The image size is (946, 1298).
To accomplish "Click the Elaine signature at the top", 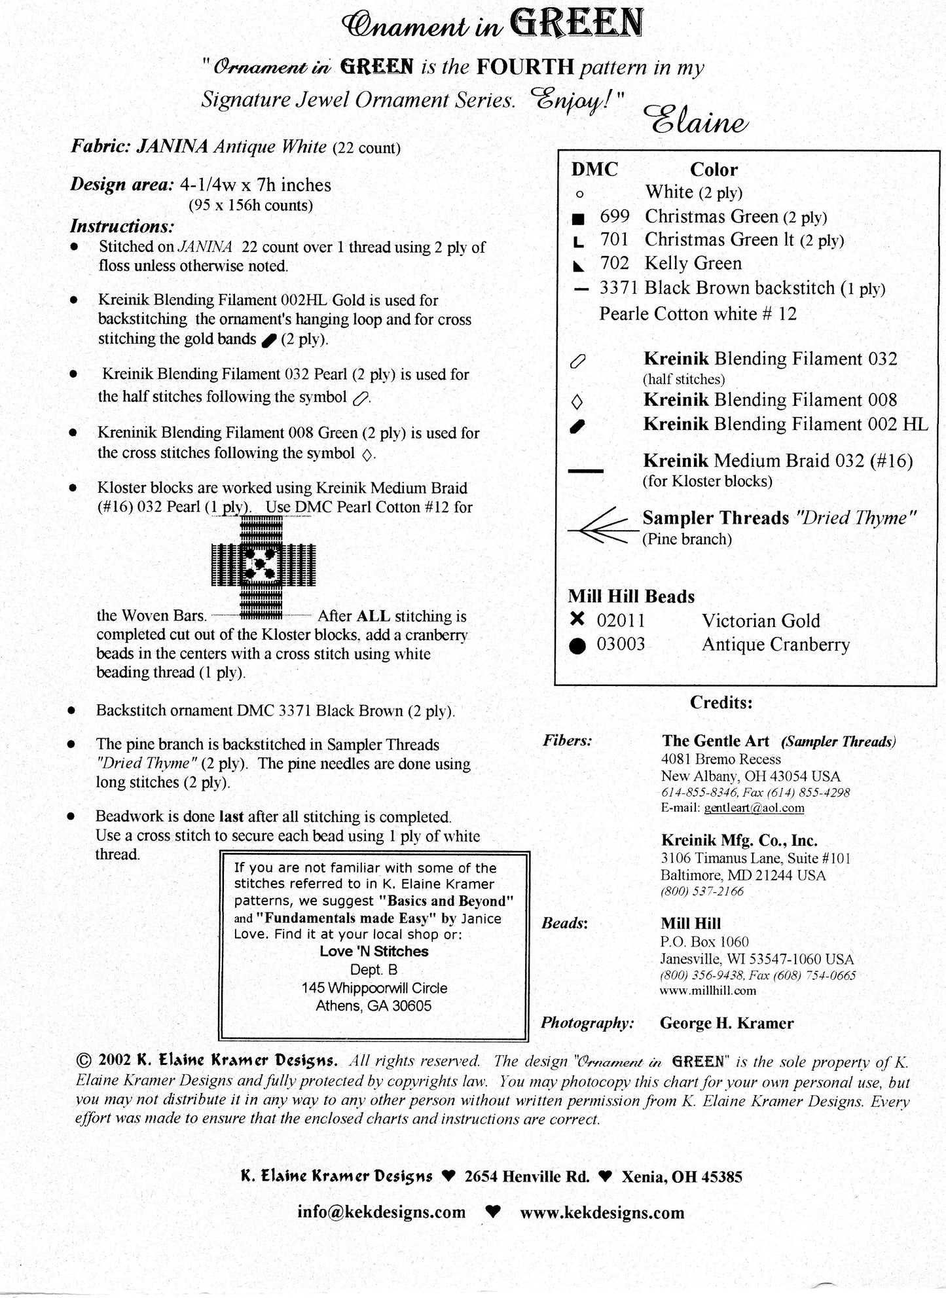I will [x=696, y=120].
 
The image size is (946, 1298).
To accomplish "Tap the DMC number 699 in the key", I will [x=614, y=217].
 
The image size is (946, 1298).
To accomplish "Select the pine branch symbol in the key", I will [x=603, y=526].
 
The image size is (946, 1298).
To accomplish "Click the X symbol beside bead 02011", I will [x=577, y=619].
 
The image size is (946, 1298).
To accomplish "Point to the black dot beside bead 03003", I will [x=577, y=645].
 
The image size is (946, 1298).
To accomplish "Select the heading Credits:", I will [x=721, y=702].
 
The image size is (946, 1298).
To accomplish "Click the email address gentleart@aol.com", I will [x=754, y=808].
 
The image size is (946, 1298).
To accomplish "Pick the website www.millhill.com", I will [x=708, y=990].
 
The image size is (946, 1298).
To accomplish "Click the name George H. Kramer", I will [x=726, y=1023].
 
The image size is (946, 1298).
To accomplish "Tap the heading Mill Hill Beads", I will [x=631, y=596].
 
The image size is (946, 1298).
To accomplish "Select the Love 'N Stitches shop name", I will [x=374, y=952].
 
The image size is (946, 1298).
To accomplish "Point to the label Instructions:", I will [x=122, y=226].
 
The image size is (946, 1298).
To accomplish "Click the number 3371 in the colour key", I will [x=619, y=288].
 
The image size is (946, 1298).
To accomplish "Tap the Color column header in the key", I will [x=713, y=170].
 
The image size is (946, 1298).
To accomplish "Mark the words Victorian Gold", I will [x=761, y=621].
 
